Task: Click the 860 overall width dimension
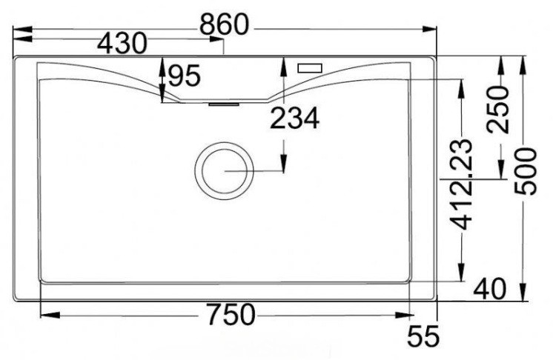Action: coord(225,24)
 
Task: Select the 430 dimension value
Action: coord(122,43)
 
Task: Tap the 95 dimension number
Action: coord(184,76)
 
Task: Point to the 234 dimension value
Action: coord(294,118)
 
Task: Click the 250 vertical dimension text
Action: coord(498,109)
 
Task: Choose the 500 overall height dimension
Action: coord(525,171)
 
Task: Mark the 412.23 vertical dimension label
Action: coord(460,184)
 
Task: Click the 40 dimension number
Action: coord(490,289)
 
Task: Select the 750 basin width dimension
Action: coord(231,315)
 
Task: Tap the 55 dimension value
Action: coord(423,336)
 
